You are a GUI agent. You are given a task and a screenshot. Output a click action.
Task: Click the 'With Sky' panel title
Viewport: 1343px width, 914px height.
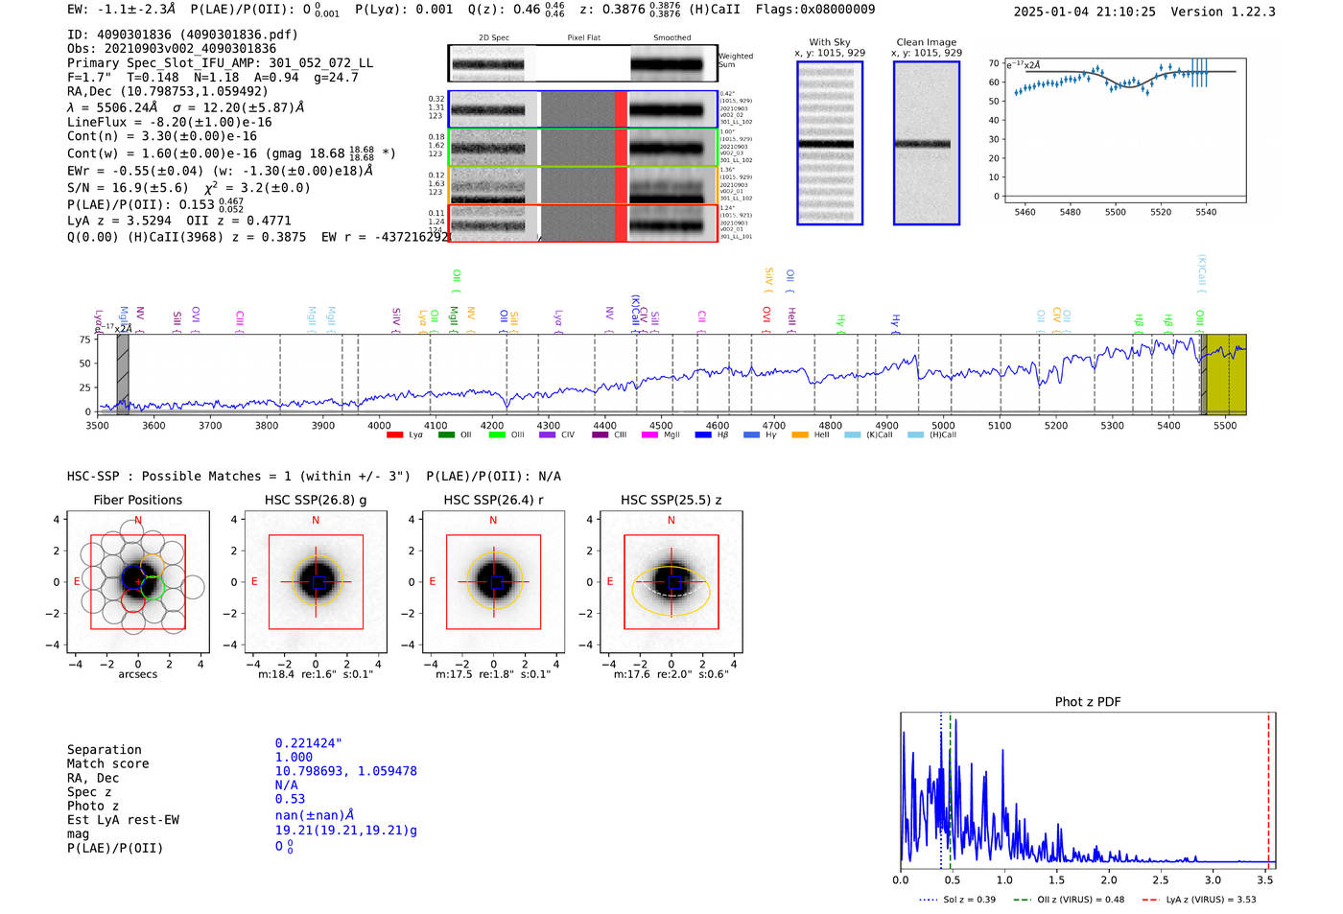pos(829,42)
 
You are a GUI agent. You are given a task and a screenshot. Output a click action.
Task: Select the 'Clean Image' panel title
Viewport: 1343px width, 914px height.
pos(926,42)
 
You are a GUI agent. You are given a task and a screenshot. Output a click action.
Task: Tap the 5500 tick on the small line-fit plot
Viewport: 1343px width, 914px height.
pos(1115,212)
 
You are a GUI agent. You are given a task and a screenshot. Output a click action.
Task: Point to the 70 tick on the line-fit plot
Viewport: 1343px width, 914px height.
pos(994,63)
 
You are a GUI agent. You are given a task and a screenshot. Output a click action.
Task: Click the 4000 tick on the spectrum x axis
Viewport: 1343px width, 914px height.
pos(379,425)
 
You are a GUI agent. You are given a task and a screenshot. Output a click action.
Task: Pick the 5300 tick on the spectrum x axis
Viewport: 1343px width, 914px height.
pos(1112,425)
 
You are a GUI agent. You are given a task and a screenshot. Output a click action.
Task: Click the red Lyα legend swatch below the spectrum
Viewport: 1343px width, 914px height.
pos(394,435)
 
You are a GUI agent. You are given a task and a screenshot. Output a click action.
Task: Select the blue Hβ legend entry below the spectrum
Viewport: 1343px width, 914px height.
pos(703,435)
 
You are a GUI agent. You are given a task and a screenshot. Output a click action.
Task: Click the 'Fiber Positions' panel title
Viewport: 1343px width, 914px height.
pos(137,500)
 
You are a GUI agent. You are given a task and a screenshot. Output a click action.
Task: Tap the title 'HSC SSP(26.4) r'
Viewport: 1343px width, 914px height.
pos(493,500)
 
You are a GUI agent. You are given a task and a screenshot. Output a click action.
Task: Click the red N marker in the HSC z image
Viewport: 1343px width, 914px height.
pos(671,521)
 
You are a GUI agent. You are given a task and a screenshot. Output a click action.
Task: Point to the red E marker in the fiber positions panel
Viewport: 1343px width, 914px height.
pos(77,582)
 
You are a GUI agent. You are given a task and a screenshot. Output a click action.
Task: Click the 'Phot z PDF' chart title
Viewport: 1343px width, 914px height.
pos(1087,702)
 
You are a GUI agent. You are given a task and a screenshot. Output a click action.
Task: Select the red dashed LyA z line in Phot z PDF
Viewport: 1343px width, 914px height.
pos(1268,786)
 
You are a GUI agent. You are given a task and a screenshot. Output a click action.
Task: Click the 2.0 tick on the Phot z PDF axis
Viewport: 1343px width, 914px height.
pos(1108,879)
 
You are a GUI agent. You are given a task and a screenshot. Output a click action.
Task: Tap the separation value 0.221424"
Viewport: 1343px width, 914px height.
pos(308,743)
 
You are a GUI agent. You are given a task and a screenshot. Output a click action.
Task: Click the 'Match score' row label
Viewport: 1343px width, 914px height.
pos(107,764)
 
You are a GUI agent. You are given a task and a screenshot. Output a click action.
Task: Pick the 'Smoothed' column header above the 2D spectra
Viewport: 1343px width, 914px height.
pos(671,38)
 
